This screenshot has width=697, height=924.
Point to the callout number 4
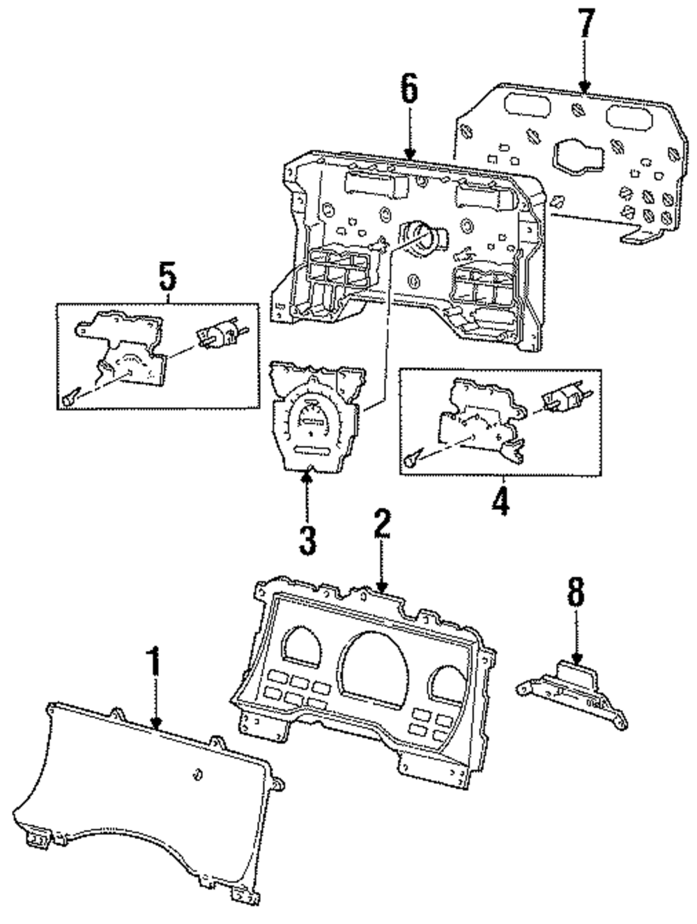(x=500, y=499)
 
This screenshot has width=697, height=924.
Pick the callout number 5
(x=167, y=275)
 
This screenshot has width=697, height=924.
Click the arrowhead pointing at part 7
(x=584, y=86)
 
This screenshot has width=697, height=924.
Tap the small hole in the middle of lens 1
(x=197, y=773)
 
